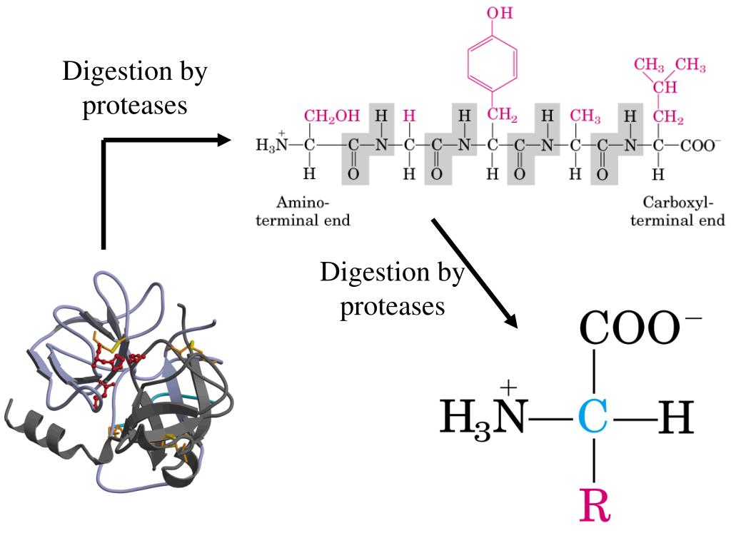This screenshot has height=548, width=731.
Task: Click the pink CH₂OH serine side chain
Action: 327,116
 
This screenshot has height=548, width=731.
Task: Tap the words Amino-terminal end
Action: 303,211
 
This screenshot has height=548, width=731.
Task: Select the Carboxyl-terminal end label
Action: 677,211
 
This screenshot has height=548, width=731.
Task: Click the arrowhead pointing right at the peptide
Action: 225,140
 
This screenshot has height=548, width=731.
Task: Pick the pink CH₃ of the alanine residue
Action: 585,116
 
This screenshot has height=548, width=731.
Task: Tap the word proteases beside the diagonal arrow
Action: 392,306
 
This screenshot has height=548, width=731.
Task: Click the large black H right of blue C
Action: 675,418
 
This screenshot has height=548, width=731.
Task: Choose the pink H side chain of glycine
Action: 409,116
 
